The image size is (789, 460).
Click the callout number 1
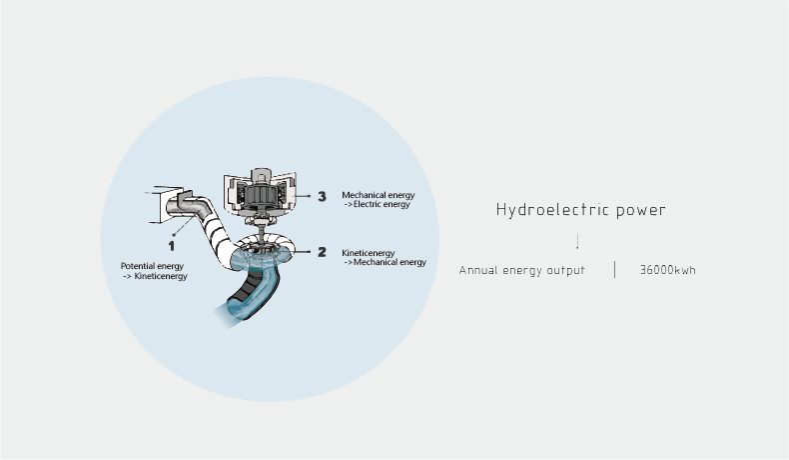(171, 244)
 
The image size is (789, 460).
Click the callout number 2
(322, 252)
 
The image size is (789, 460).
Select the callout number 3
(322, 197)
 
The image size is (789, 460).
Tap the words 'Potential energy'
(152, 266)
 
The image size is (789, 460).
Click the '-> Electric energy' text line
(377, 204)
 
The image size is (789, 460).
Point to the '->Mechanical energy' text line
(384, 262)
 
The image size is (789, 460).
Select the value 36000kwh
(667, 270)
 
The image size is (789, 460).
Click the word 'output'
(565, 270)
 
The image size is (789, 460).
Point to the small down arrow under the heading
(577, 241)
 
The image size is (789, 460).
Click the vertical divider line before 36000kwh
(614, 269)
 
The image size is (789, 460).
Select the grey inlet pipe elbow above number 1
(190, 206)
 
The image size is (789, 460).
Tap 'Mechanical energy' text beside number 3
(378, 195)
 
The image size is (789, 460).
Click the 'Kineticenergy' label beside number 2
(369, 253)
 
